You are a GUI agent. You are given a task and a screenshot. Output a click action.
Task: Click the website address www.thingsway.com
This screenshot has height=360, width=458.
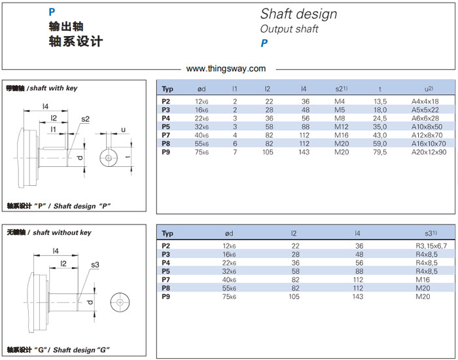coord(226,68)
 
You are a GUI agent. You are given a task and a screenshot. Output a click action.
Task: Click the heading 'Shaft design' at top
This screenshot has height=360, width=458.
coord(298,14)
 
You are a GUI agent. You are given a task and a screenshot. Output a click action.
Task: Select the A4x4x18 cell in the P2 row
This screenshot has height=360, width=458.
coord(425,101)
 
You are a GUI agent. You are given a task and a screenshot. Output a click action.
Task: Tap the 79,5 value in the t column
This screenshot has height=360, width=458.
coord(380,152)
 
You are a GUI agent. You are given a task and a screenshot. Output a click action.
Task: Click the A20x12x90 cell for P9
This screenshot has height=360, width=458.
coord(429,152)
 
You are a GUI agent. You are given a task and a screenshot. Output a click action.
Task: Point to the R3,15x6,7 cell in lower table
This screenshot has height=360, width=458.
coord(431,245)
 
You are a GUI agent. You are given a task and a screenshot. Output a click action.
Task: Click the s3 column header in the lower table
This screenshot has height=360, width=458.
coord(431,233)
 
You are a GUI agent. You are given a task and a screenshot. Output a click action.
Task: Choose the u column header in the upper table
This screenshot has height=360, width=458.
coord(429,88)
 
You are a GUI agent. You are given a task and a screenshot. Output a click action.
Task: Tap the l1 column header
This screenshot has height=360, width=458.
coord(235,88)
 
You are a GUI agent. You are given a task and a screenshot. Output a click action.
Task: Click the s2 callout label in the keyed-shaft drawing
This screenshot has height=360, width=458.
coord(85,118)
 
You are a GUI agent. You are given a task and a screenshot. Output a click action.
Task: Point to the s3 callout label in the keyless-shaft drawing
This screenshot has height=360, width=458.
coord(96,264)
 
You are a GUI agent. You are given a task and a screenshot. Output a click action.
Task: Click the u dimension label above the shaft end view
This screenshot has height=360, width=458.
coord(122,129)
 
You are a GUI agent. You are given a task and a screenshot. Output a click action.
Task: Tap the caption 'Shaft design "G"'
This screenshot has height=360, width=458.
coord(82,350)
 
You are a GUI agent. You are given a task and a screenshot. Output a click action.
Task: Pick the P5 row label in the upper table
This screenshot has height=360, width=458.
coord(166,126)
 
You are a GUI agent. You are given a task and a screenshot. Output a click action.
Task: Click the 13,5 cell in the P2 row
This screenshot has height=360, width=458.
coord(380,101)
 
